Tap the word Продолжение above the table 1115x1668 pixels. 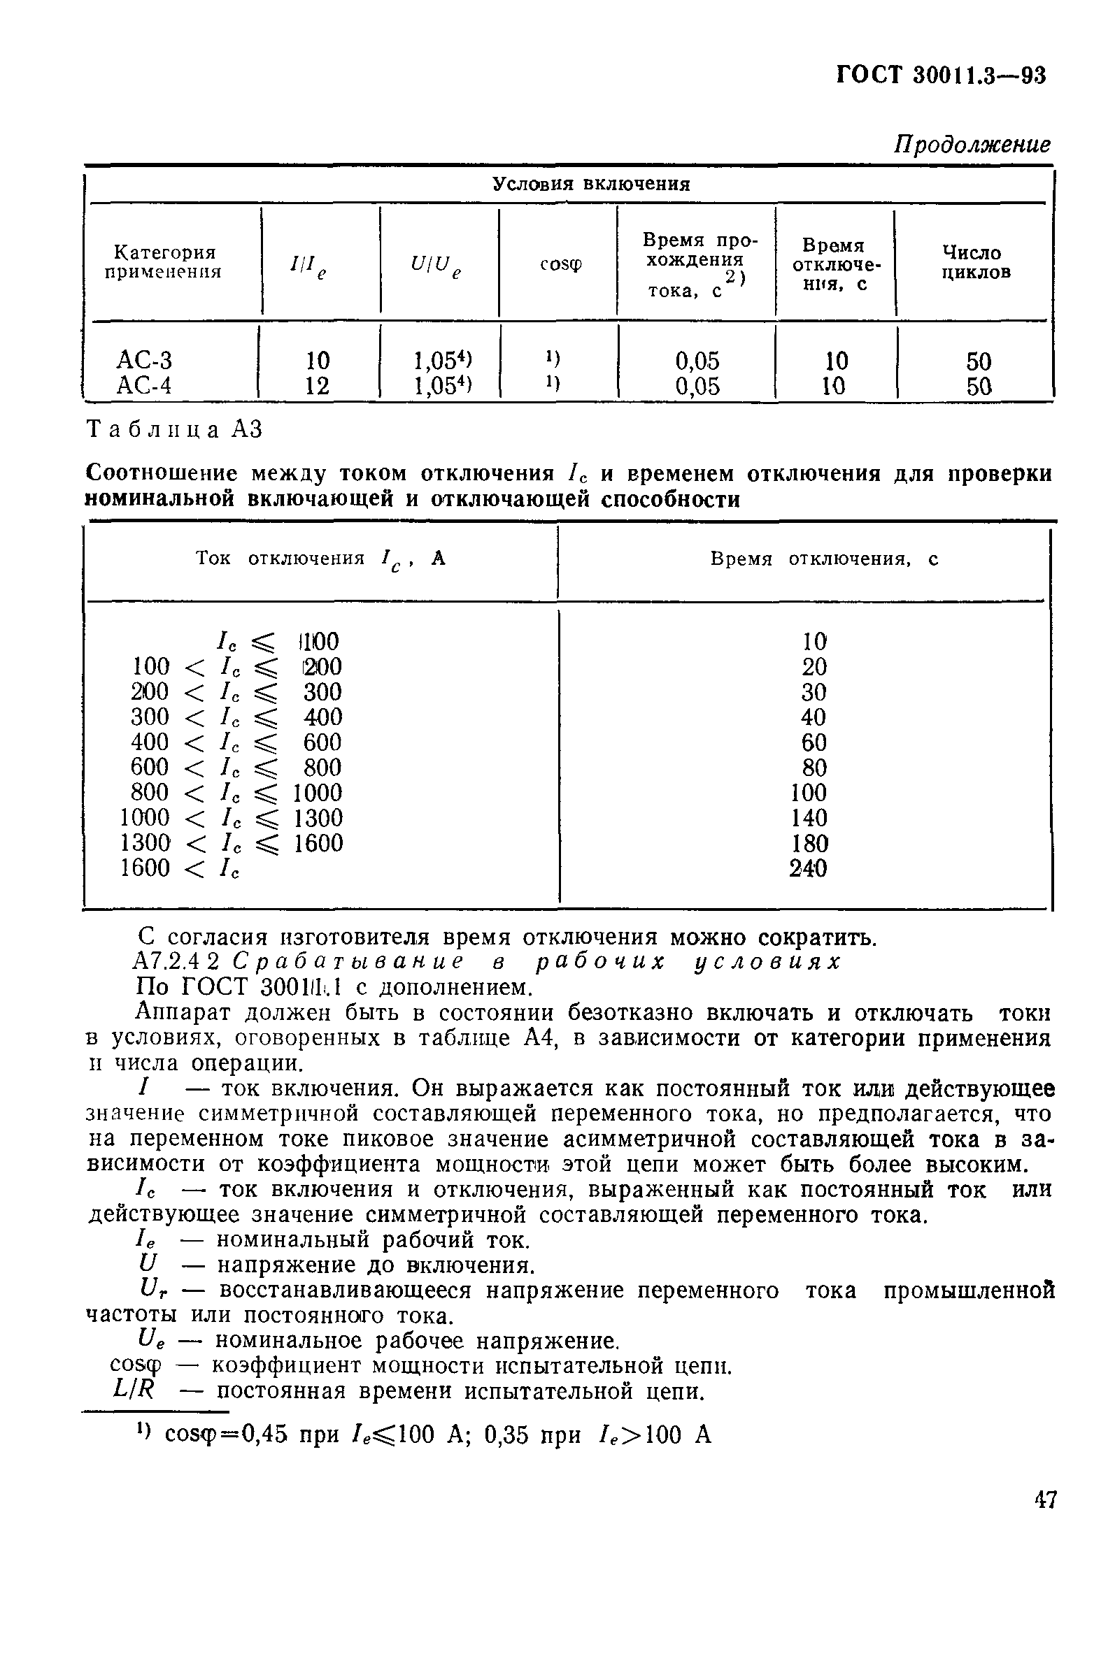pyautogui.click(x=972, y=144)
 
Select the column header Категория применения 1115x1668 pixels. pyautogui.click(x=164, y=262)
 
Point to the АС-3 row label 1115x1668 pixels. pyautogui.click(x=144, y=361)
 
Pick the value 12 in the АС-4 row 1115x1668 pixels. pyautogui.click(x=317, y=386)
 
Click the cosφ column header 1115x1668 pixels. pyautogui.click(x=560, y=264)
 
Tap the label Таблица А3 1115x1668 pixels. pyautogui.click(x=174, y=430)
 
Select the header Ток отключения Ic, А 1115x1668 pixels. pyautogui.click(x=320, y=559)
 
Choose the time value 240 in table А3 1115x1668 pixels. pyautogui.click(x=809, y=868)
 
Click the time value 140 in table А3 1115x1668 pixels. pyautogui.click(x=809, y=818)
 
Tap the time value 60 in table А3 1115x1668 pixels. pyautogui.click(x=814, y=742)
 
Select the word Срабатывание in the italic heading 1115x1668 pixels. pyautogui.click(x=348, y=962)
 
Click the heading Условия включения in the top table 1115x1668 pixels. pyautogui.click(x=591, y=185)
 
